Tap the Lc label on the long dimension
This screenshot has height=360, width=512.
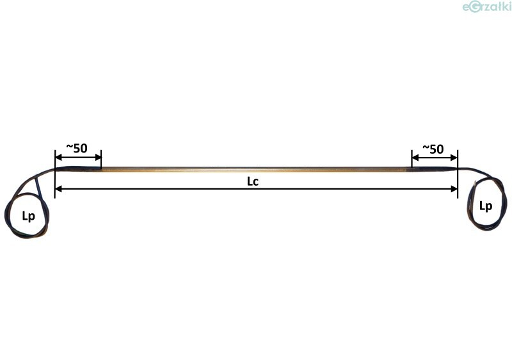pos(253,181)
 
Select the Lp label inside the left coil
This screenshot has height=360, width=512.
pos(29,216)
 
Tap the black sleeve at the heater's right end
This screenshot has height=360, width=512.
pos(434,170)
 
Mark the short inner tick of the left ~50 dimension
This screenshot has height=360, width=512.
pos(101,158)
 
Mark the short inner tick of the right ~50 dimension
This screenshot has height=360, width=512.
pos(412,158)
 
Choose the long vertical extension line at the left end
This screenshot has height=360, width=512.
pos(55,176)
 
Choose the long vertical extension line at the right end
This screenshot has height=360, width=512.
pos(458,176)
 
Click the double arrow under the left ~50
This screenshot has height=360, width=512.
pos(78,158)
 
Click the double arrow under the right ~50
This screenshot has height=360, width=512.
pos(435,158)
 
